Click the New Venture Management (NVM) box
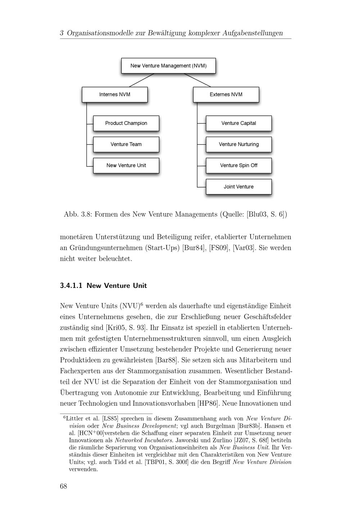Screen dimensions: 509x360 tap(168, 66)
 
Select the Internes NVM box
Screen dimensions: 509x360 tap(114, 95)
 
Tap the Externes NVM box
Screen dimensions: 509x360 tap(226, 95)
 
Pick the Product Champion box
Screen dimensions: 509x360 tap(126, 123)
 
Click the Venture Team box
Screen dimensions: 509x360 tap(126, 144)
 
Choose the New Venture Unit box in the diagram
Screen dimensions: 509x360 tap(126, 166)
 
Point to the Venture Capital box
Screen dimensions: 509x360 tap(238, 123)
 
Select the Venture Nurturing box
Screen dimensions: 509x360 tap(238, 144)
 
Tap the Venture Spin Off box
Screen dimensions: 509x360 tap(238, 166)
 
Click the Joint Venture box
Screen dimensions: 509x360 tap(238, 187)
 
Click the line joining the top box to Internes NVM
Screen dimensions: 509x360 tap(141, 80)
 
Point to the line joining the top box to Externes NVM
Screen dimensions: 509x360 tap(197, 80)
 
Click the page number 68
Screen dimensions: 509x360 tap(63, 486)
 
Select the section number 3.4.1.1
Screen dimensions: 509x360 tap(71, 286)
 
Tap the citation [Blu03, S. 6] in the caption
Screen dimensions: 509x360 tap(266, 215)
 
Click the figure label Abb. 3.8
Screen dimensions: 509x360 tap(77, 215)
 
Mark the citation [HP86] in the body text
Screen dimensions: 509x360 tap(208, 404)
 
